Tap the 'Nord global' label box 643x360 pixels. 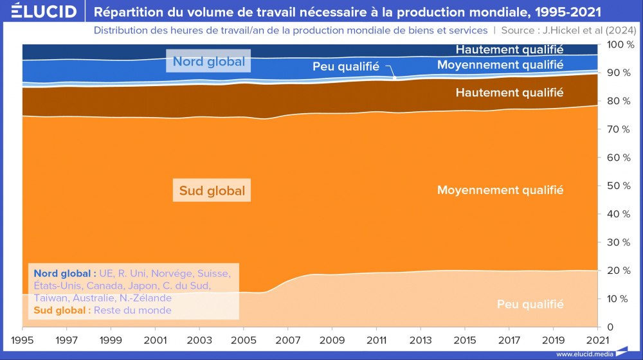tap(208, 62)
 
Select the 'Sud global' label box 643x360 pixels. tap(212, 191)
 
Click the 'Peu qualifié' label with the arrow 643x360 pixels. tap(345, 66)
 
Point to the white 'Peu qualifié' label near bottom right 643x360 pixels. tap(530, 304)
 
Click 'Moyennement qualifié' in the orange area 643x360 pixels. tap(500, 190)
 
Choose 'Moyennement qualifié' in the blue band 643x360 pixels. tap(500, 65)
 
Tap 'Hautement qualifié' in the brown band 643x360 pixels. tap(509, 93)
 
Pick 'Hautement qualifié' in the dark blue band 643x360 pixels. tap(509, 49)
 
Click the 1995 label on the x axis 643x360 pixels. tap(23, 339)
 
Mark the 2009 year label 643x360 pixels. tap(332, 339)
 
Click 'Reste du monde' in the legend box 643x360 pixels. tap(132, 310)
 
